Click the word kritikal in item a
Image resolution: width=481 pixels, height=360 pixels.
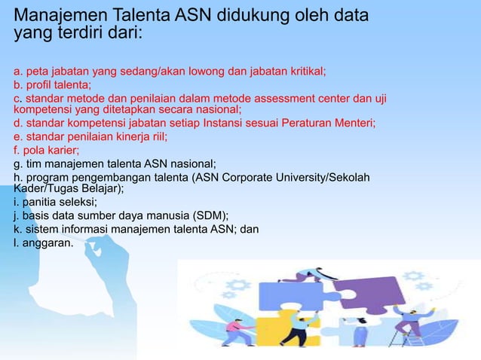(x=303, y=72)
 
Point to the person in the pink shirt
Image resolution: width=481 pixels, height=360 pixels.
(x=238, y=332)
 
